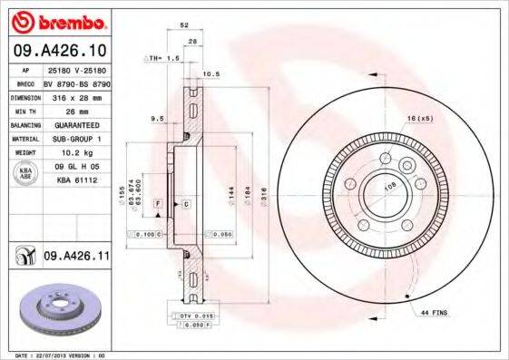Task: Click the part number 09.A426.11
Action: pos(76,258)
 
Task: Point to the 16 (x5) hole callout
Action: pos(420,119)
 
